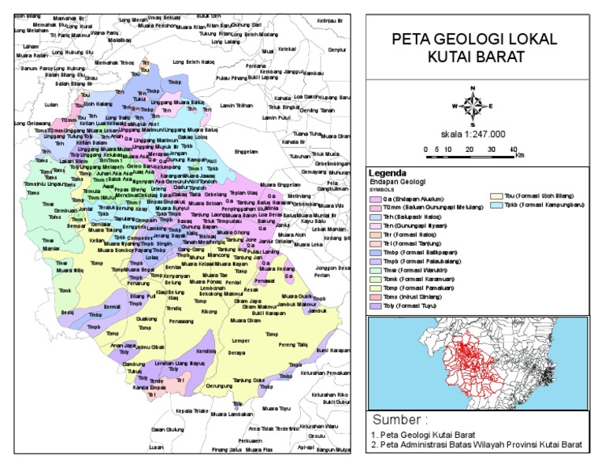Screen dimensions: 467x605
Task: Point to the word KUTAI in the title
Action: coord(448,57)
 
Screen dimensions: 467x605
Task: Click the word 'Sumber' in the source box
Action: coord(399,419)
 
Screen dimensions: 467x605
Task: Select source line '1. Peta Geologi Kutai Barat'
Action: coord(422,435)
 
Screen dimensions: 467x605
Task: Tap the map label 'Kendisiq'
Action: coord(206,351)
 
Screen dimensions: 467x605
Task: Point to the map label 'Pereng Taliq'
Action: coord(292,344)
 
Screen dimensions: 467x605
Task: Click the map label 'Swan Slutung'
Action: coord(167,429)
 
